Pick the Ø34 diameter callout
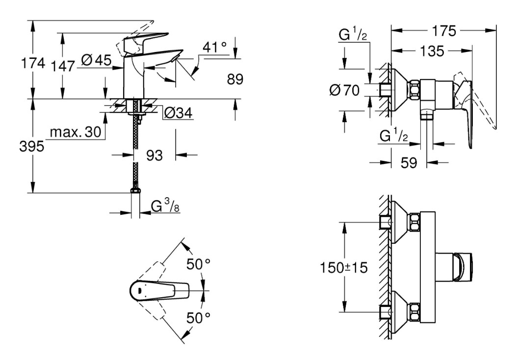pos(178,113)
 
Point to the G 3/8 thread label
pos(162,206)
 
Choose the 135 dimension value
pos(432,51)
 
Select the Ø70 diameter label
pos(345,90)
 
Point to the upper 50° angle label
pos(197,265)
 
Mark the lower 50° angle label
pos(197,318)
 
